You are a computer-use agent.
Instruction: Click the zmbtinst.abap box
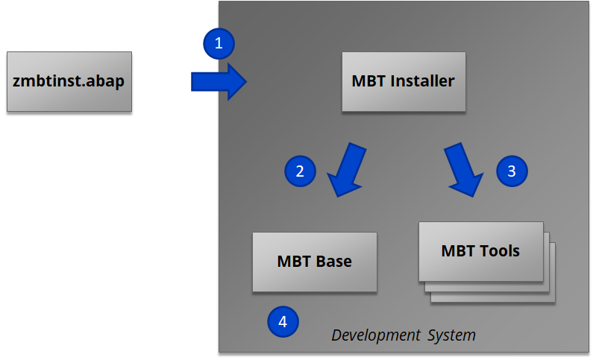(x=69, y=81)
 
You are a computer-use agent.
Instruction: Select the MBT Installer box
(x=404, y=81)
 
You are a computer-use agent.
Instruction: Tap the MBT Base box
(x=315, y=262)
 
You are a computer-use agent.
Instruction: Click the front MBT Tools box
(x=481, y=251)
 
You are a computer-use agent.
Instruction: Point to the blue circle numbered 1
(x=219, y=43)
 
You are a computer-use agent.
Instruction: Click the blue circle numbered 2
(x=300, y=171)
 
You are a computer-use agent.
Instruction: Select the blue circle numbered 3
(x=512, y=171)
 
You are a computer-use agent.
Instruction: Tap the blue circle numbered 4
(x=283, y=321)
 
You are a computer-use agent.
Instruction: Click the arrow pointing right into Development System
(x=219, y=81)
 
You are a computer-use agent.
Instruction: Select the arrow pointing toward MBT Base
(x=347, y=170)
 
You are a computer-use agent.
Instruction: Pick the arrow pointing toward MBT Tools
(x=464, y=170)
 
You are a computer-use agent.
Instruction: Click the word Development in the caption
(x=376, y=335)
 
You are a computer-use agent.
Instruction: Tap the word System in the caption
(x=451, y=335)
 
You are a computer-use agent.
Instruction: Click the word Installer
(x=422, y=80)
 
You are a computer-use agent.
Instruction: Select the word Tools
(x=500, y=251)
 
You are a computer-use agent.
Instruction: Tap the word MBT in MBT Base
(x=294, y=262)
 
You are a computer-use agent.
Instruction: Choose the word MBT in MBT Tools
(x=459, y=251)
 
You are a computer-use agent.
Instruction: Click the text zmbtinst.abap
(x=69, y=81)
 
